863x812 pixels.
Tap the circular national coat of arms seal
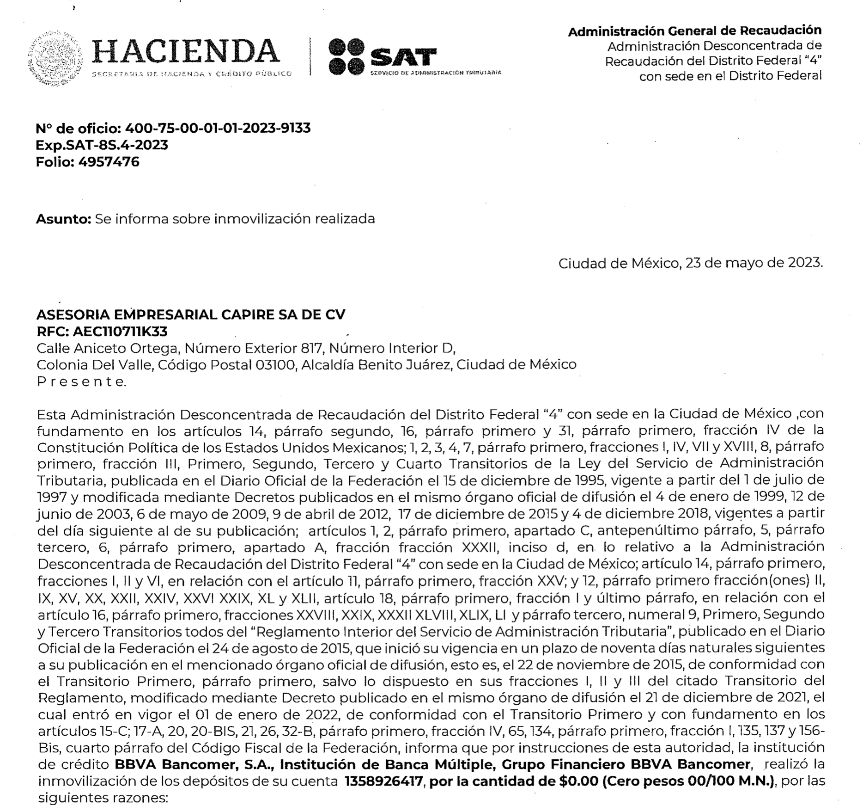[55, 59]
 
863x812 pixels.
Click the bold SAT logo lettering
[403, 58]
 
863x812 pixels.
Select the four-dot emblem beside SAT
[346, 57]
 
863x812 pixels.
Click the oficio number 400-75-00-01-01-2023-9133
[218, 128]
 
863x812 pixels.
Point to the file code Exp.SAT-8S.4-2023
[102, 145]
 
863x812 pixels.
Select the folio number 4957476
[109, 162]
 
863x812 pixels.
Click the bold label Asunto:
[64, 219]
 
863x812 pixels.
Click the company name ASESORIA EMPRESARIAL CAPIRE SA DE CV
[190, 315]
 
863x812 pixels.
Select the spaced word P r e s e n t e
[81, 382]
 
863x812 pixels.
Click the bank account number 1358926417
[384, 781]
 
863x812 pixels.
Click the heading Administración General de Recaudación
[694, 31]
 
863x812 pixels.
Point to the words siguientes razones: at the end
[103, 798]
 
